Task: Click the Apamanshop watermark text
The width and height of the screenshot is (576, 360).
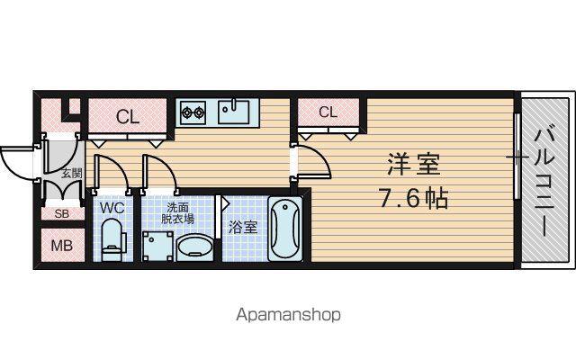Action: coord(288,315)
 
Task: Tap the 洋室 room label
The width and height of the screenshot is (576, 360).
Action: coord(414,164)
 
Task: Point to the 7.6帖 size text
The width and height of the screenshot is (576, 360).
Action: coord(413,199)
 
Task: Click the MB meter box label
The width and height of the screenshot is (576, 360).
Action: coord(62,246)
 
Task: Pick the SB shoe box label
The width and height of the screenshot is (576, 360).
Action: coord(61,214)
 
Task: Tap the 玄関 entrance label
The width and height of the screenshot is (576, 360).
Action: coord(72,173)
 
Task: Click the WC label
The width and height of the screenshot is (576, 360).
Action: coord(112,208)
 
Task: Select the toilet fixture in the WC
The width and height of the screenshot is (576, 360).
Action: coord(113,239)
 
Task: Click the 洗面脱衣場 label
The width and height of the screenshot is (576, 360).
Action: coord(178,214)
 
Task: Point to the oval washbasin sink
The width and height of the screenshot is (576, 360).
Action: coord(195,247)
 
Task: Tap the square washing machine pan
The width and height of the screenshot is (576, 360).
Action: coord(157,246)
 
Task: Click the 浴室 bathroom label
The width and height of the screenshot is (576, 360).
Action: coord(242,227)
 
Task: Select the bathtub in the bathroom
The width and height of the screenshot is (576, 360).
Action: coord(285,229)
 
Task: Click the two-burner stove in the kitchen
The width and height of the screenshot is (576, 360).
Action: coord(193,112)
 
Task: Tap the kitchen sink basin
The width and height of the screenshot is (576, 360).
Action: coord(233,112)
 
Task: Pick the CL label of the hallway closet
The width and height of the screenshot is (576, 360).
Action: coord(128,117)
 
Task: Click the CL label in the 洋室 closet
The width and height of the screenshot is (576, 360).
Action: coord(328,112)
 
